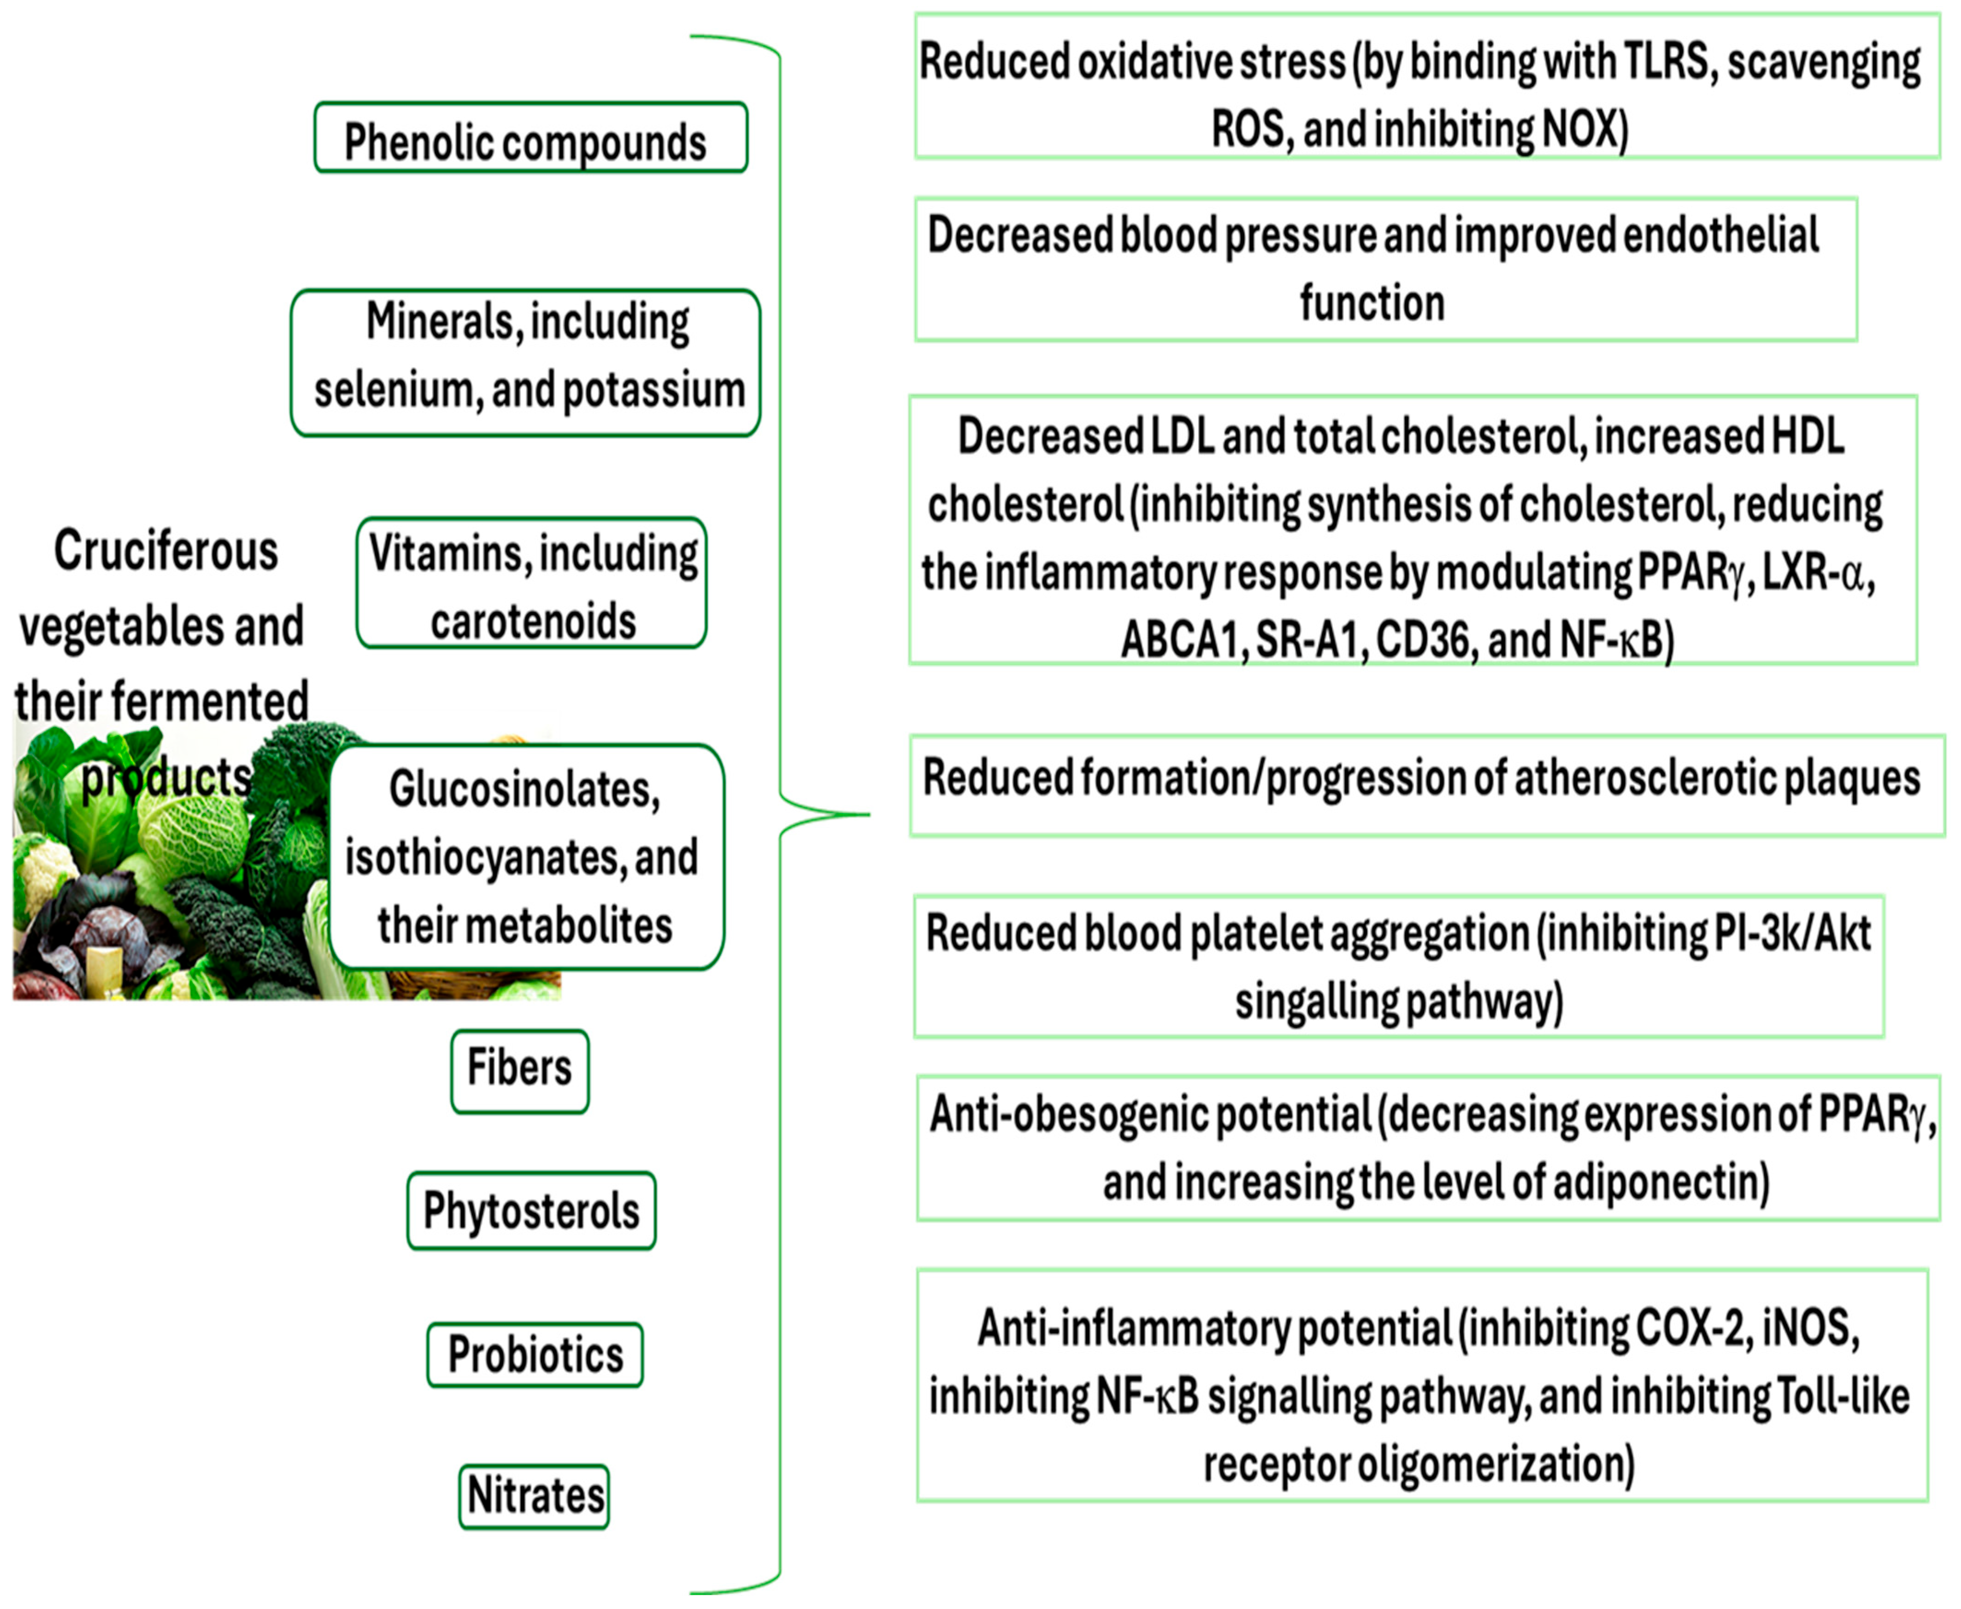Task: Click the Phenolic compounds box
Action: click(x=530, y=139)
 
